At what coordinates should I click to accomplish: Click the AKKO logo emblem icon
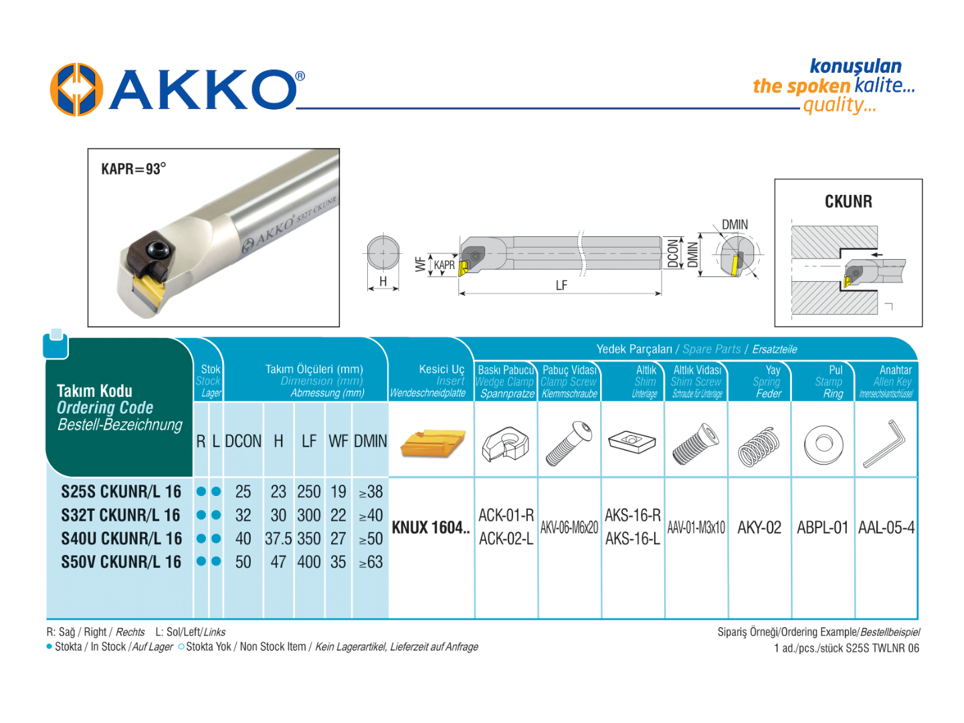pos(76,90)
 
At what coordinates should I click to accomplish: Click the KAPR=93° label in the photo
pos(133,169)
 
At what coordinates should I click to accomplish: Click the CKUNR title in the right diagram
pos(848,202)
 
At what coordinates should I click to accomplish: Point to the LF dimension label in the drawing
pos(561,285)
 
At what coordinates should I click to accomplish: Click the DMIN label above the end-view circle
pos(735,225)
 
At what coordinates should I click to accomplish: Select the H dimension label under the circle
pos(383,282)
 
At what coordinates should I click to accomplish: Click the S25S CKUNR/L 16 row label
pos(121,492)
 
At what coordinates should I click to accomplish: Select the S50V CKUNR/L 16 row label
pos(121,562)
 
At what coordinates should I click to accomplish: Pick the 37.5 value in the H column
pos(278,539)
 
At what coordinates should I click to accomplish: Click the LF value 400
pos(309,562)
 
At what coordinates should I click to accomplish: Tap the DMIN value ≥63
pos(371,562)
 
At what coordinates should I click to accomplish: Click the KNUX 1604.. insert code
pos(430,528)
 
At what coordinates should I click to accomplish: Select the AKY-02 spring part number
pos(759,528)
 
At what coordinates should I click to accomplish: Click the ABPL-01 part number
pos(822,528)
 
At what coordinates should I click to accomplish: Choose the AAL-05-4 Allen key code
pos(886,528)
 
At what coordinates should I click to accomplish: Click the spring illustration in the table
pos(759,445)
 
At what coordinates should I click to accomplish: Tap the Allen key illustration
pos(885,443)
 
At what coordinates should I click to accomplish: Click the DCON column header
pos(243,442)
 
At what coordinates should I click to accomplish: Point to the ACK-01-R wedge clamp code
pos(506,515)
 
